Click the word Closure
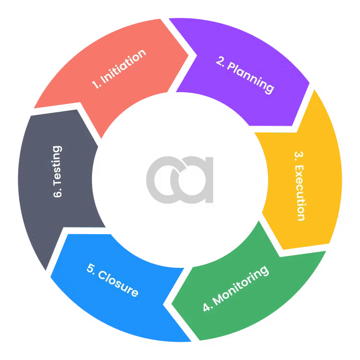(118, 283)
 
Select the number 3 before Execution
(299, 156)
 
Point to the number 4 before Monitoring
(207, 307)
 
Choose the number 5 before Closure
(91, 268)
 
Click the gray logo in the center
(180, 178)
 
